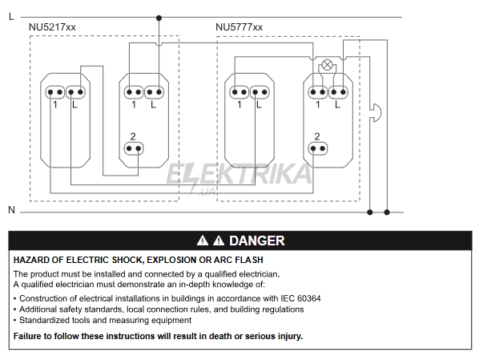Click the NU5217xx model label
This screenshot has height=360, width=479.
tap(52, 27)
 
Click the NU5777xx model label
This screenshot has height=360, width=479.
tap(239, 27)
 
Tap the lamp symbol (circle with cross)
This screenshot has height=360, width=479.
tap(327, 65)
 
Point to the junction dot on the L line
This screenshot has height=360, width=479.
tap(159, 18)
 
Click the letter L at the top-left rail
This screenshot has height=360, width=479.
tap(11, 17)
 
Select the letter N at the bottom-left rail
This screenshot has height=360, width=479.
tap(11, 210)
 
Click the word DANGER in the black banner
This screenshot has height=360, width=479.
tap(257, 241)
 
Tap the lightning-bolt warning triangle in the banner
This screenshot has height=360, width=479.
tap(203, 241)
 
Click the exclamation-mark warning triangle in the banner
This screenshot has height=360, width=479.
tap(219, 241)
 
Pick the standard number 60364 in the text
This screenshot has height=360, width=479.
tap(309, 298)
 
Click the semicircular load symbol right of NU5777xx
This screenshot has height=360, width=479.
tap(376, 113)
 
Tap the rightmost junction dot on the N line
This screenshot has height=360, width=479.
tap(387, 212)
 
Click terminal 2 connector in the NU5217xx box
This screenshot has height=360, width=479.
tap(134, 148)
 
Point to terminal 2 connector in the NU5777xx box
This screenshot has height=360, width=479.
tap(318, 148)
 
